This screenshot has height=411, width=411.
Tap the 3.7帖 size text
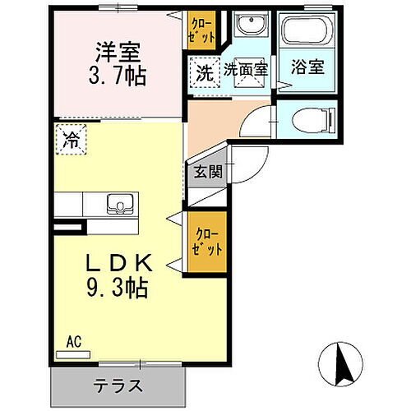(117, 78)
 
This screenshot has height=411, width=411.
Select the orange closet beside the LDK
(205, 242)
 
